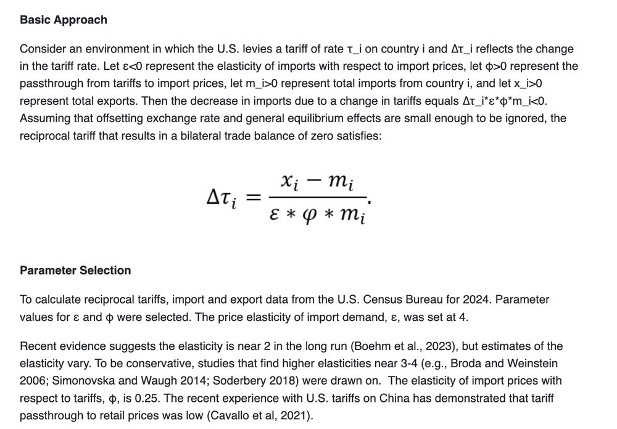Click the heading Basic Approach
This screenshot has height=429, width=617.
point(64,20)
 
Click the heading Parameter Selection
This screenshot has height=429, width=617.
point(75,270)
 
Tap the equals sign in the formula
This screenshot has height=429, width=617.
point(254,197)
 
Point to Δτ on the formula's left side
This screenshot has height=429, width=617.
point(221,198)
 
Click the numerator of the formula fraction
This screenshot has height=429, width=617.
point(316,181)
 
